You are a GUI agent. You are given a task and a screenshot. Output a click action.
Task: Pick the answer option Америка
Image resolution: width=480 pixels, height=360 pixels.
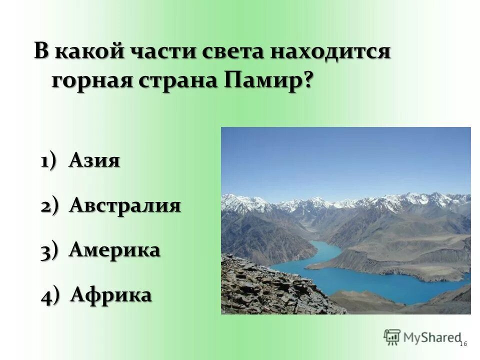(114, 250)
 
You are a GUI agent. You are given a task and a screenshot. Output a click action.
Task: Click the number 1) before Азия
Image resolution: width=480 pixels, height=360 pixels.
(51, 161)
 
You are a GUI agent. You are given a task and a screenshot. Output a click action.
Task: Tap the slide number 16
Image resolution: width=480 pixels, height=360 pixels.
(462, 343)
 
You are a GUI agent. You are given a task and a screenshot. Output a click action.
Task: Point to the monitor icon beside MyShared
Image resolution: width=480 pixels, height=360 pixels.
(392, 337)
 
